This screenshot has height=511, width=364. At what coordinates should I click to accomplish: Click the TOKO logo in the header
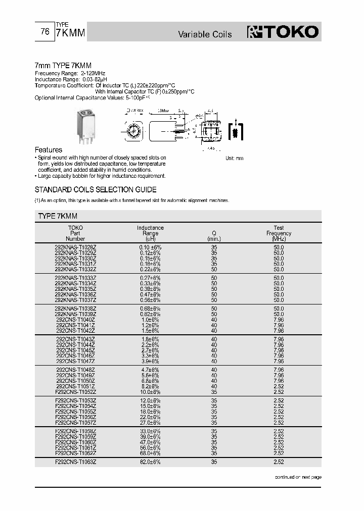pos(283,32)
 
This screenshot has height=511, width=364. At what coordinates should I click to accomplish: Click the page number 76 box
pos(44,32)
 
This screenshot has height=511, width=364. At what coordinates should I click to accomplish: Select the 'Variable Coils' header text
pos(205,34)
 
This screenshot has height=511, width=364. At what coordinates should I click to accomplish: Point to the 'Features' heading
pos(48,150)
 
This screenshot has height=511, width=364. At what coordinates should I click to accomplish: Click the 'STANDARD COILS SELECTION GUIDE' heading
pos(95,190)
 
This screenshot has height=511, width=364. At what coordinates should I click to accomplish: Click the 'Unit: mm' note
pos(234,159)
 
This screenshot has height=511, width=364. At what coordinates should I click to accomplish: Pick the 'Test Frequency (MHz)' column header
pos(279,233)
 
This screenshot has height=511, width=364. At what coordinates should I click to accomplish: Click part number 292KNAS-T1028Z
pos(75,247)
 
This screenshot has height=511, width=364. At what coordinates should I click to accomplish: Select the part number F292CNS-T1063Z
pos(75,462)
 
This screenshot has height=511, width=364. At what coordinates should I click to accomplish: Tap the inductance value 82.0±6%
pos(150,462)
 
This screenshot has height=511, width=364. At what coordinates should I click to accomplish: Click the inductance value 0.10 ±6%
pos(150,247)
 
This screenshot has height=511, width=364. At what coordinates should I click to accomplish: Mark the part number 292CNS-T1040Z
pos(75,320)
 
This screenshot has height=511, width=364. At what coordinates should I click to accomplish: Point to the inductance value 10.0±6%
pos(150,392)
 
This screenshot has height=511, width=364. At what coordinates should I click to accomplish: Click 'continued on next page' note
pos(297,477)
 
